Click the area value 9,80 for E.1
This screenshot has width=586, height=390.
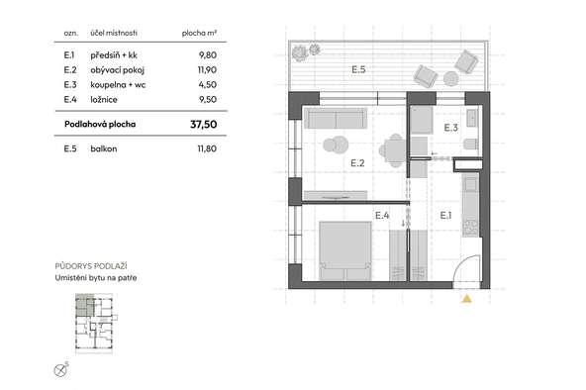tap(208, 55)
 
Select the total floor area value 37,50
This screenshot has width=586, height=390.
tap(203, 124)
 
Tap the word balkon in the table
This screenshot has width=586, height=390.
tap(104, 148)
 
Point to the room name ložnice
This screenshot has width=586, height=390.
tap(104, 99)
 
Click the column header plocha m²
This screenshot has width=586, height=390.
tap(199, 33)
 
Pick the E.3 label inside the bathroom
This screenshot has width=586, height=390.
tap(450, 128)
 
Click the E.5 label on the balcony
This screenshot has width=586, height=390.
tap(358, 69)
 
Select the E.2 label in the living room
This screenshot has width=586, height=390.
tap(357, 163)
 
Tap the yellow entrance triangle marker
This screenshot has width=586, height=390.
tap(466, 299)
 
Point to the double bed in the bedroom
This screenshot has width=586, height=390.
tap(345, 250)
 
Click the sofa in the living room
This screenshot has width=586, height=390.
tap(336, 118)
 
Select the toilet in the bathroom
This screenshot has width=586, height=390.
tap(471, 144)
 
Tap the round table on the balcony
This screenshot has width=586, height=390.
tap(450, 79)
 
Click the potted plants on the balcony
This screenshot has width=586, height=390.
tap(306, 51)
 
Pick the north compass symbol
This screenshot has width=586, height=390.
tap(60, 370)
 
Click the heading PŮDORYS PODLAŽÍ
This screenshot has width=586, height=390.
tap(91, 266)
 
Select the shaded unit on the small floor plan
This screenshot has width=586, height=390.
tap(84, 306)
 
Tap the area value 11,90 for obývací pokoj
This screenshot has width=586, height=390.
tap(207, 70)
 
